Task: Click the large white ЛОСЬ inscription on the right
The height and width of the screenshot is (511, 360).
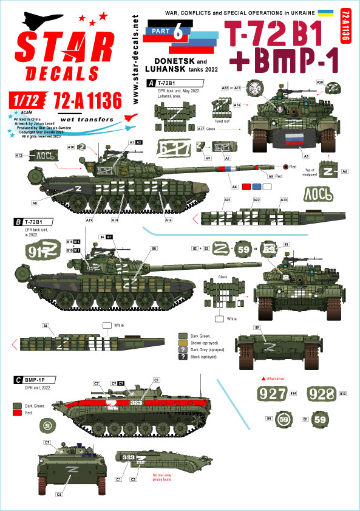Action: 318,195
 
